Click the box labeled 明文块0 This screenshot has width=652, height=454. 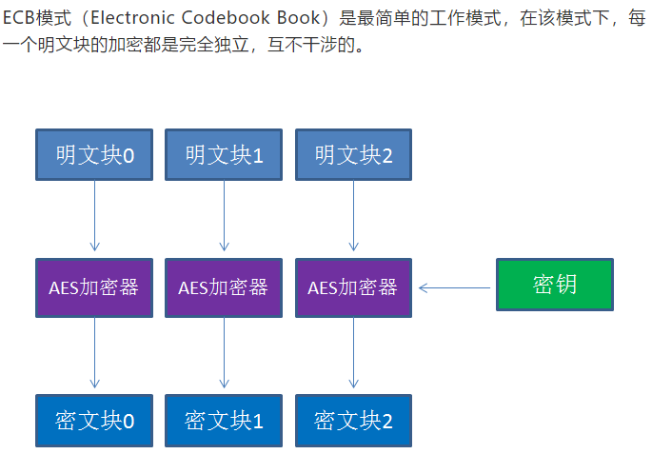click(94, 154)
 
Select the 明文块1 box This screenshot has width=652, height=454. click(224, 154)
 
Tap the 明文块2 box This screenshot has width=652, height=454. click(353, 154)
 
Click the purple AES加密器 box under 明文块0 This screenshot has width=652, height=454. click(94, 287)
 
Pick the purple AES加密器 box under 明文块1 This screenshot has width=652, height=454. click(224, 287)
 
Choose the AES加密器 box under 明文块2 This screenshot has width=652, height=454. click(353, 287)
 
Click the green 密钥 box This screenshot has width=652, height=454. click(555, 285)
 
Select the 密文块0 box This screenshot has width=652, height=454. click(94, 420)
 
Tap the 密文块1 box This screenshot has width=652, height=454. click(224, 420)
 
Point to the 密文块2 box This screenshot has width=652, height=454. click(353, 420)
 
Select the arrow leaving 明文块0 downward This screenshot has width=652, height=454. click(94, 218)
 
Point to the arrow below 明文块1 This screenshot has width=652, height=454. click(224, 218)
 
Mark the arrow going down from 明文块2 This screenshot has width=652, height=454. click(353, 218)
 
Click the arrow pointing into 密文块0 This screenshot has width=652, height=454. click(94, 353)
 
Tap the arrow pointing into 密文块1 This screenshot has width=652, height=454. click(224, 353)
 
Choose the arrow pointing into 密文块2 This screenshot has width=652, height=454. click(353, 353)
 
